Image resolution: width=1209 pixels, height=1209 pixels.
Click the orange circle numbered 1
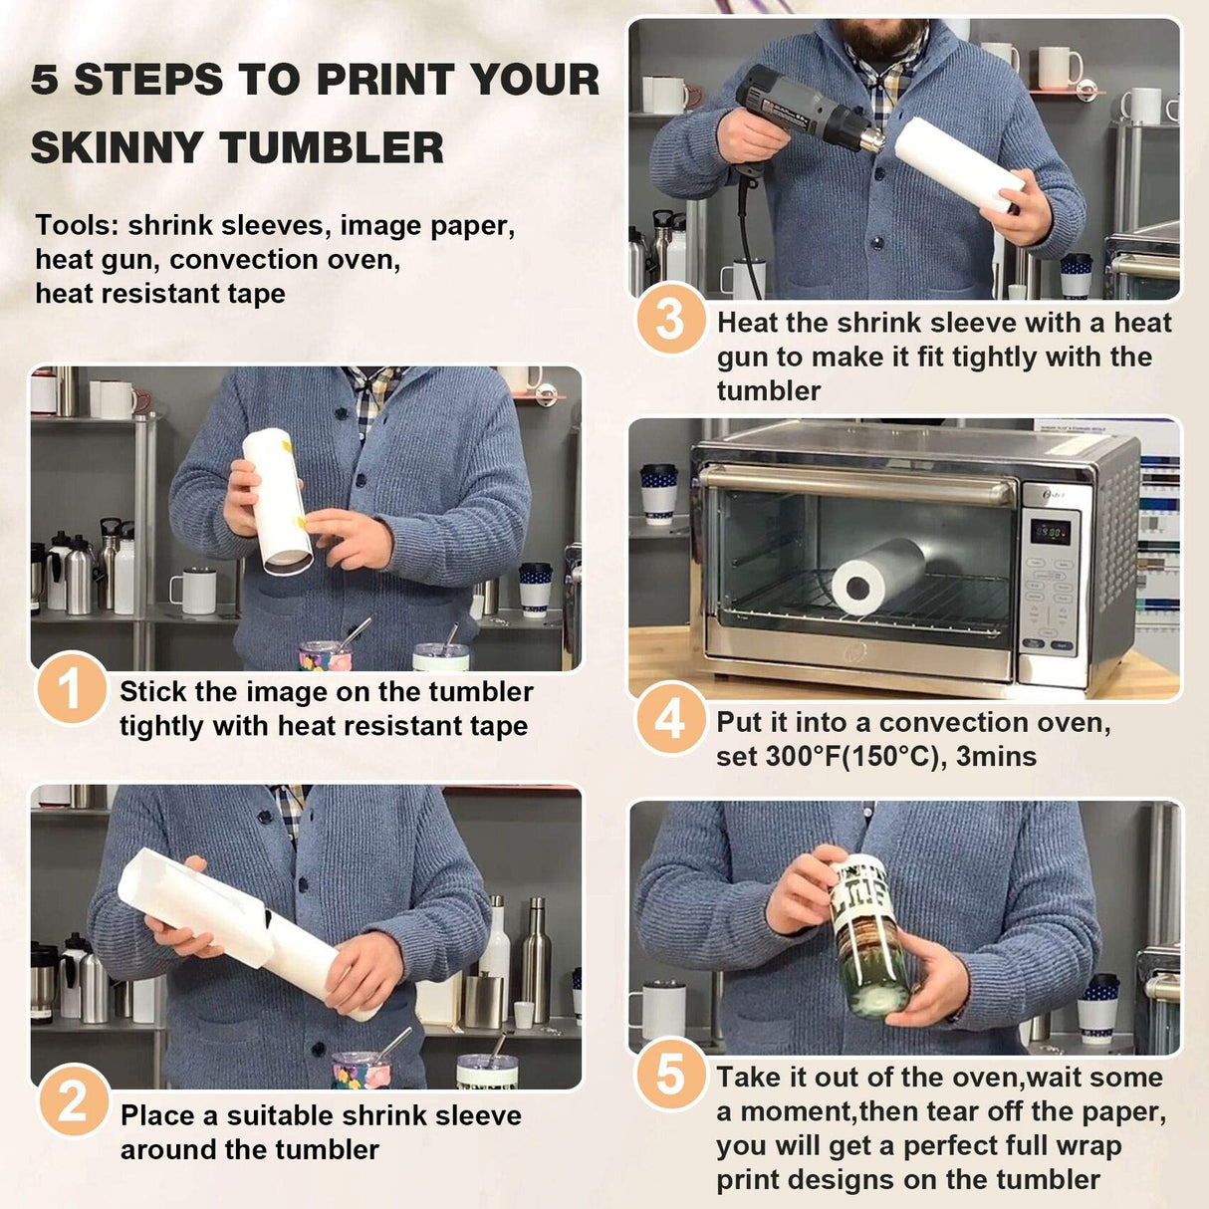[x=71, y=688]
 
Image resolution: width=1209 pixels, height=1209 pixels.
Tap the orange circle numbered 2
[x=73, y=1100]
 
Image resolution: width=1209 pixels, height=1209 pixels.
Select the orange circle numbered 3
[x=670, y=319]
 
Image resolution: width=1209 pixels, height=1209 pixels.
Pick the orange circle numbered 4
[x=670, y=718]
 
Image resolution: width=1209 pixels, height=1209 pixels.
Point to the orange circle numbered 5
[x=670, y=1074]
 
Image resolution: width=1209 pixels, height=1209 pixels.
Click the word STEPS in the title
[x=148, y=80]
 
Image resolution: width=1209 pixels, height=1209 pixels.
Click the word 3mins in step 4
[x=996, y=757]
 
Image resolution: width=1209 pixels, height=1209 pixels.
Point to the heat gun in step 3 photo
[x=803, y=110]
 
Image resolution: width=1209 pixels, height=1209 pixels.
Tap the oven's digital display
[x=1050, y=531]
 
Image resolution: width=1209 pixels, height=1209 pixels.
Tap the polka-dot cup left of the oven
[x=658, y=491]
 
